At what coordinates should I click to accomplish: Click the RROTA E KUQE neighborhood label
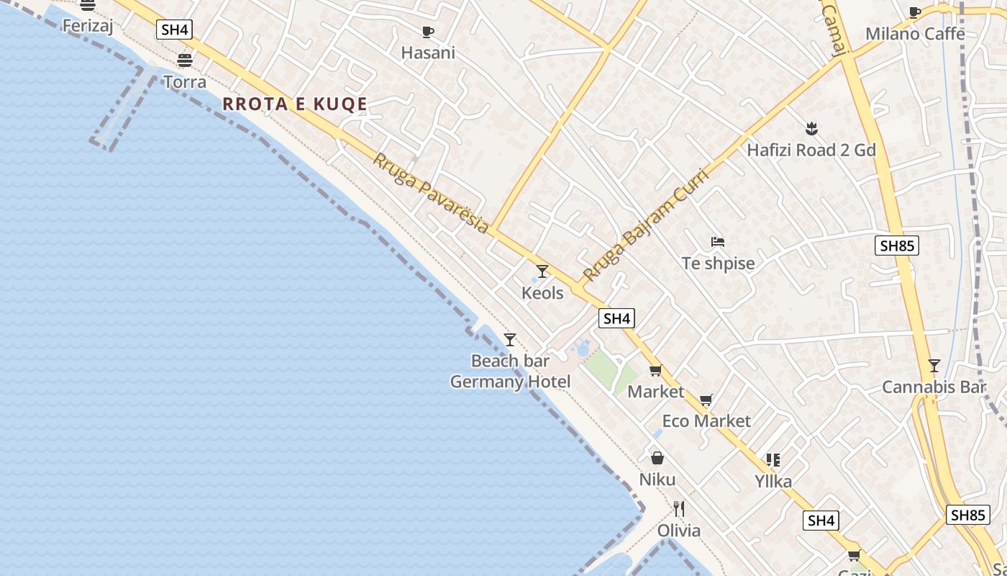(x=295, y=104)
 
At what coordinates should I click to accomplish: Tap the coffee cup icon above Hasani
(x=428, y=32)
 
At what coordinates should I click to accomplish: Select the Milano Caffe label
(x=915, y=34)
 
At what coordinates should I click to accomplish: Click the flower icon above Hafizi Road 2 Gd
(x=811, y=129)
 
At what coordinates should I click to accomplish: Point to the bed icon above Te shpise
(x=717, y=242)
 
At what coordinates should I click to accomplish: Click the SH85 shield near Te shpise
(x=897, y=246)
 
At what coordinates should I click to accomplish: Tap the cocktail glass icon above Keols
(x=542, y=271)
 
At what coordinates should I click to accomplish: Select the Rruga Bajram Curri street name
(x=645, y=225)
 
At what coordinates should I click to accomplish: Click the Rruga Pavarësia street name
(x=430, y=192)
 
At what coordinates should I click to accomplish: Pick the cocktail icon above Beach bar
(x=510, y=339)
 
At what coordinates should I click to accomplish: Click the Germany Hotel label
(x=510, y=382)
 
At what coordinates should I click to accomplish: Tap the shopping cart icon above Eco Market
(x=706, y=400)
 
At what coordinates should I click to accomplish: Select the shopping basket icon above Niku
(x=657, y=458)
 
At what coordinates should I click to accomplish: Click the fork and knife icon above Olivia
(x=678, y=509)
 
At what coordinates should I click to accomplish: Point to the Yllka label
(x=773, y=482)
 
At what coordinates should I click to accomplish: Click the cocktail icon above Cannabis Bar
(x=934, y=366)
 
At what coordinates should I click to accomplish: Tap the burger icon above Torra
(x=185, y=60)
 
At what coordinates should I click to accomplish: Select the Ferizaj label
(x=89, y=26)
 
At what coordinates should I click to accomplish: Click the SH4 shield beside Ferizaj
(x=174, y=30)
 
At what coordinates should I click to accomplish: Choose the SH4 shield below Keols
(x=616, y=318)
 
